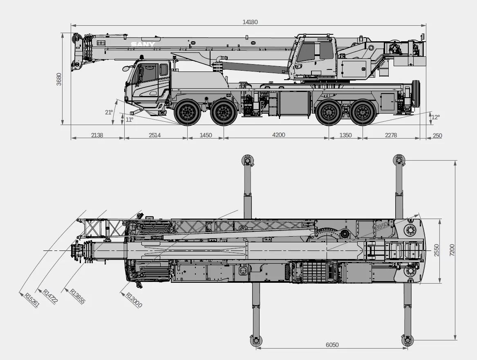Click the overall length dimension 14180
(250, 22)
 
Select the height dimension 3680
(59, 79)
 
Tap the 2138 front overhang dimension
(97, 135)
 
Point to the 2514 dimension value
(155, 135)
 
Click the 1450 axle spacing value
(206, 135)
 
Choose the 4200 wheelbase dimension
(278, 135)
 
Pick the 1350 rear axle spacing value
(345, 135)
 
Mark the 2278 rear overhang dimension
(391, 135)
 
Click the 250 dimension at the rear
(437, 136)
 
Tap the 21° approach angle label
(109, 112)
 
